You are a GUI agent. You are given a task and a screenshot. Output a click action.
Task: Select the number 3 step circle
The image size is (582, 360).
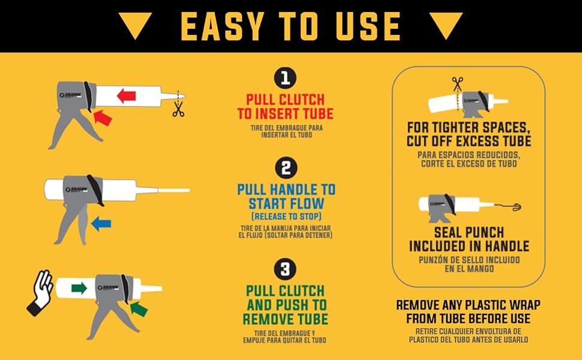pyautogui.click(x=286, y=268)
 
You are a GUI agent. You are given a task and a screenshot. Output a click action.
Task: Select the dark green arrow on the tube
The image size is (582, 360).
pyautogui.click(x=79, y=289)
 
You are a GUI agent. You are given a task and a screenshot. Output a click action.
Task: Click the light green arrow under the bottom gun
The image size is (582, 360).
pyautogui.click(x=139, y=308)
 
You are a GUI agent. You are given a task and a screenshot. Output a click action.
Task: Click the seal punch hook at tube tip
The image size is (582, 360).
pyautogui.click(x=515, y=207)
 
